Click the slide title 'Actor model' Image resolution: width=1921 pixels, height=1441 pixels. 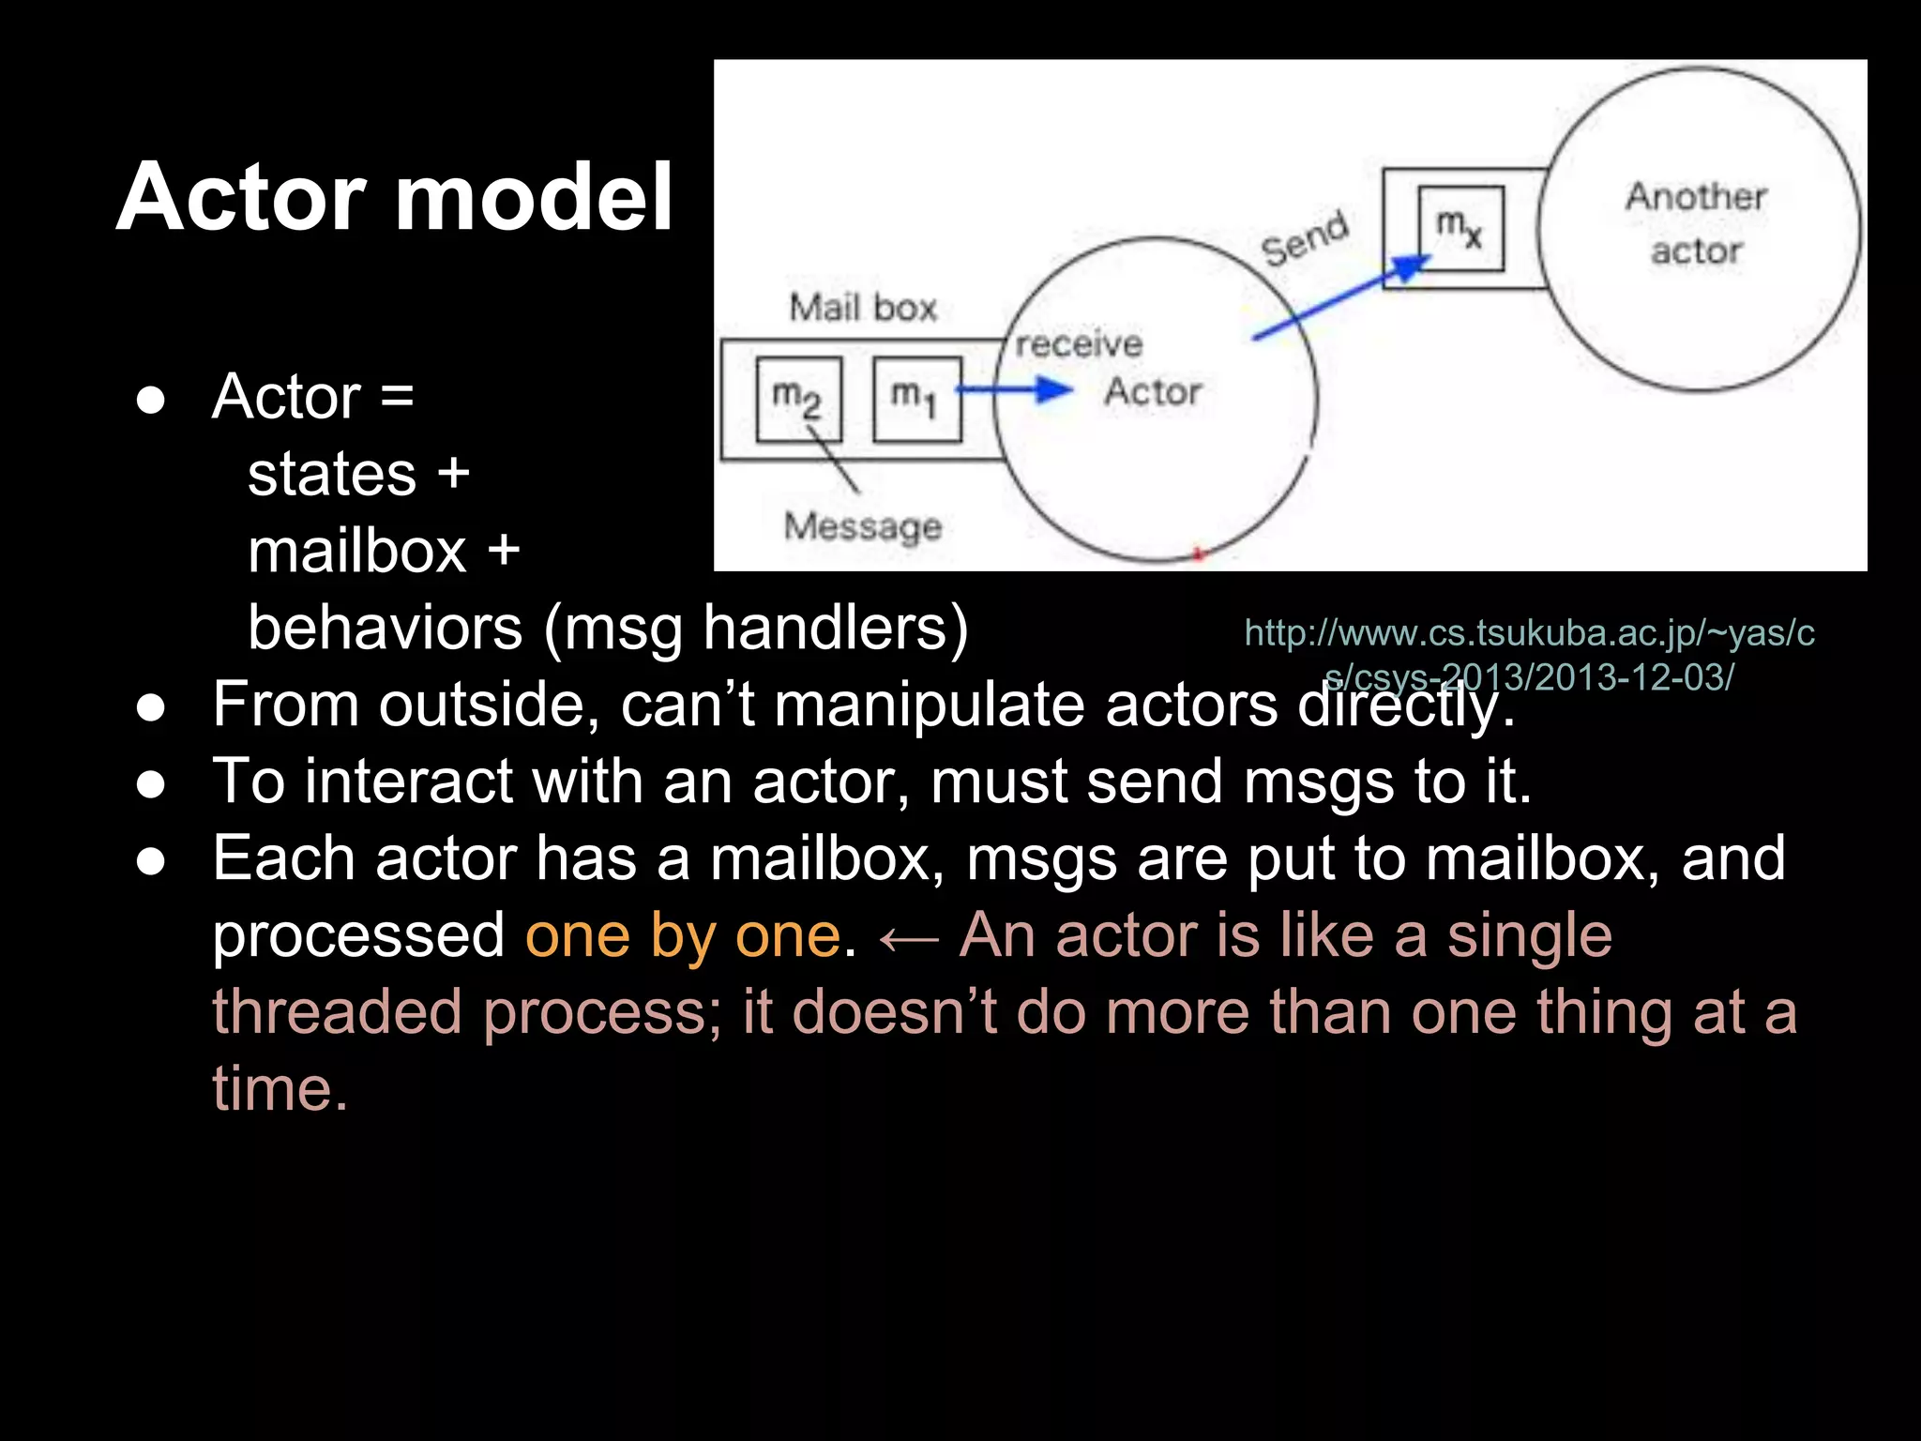[394, 197]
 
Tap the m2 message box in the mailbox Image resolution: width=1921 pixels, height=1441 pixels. [798, 399]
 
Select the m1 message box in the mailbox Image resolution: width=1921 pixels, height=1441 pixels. [916, 399]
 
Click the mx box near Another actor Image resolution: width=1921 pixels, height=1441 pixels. [1460, 228]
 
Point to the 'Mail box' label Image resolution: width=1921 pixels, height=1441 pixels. [863, 308]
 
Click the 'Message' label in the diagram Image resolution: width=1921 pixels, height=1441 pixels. [862, 526]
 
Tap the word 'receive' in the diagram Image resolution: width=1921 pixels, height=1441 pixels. [1079, 344]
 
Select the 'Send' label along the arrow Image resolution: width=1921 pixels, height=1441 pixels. [1305, 238]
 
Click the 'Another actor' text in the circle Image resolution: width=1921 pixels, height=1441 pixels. [1696, 223]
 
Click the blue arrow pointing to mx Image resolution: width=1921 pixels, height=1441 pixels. [1341, 297]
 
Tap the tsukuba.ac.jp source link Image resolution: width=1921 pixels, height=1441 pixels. [1529, 654]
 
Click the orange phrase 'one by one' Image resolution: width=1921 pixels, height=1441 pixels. [683, 935]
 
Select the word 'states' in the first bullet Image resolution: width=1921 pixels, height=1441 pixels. [332, 474]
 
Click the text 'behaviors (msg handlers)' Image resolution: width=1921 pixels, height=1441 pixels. [608, 628]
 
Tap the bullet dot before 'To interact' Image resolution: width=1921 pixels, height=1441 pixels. [151, 782]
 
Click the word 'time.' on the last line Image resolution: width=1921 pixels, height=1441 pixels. [280, 1089]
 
